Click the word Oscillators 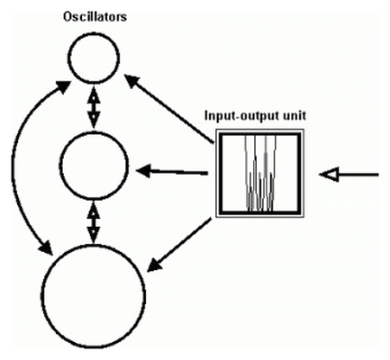click(x=95, y=17)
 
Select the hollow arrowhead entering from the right click(x=330, y=175)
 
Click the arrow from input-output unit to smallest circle click(x=169, y=109)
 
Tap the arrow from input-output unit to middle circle click(x=172, y=172)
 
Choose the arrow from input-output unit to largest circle click(x=179, y=246)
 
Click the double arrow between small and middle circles click(x=94, y=107)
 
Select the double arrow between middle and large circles click(x=94, y=222)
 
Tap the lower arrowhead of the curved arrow click(x=44, y=247)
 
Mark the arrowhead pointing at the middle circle click(x=143, y=171)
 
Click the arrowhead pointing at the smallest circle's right click(x=132, y=81)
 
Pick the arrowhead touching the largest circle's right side click(x=154, y=265)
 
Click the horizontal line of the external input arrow click(x=358, y=175)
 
